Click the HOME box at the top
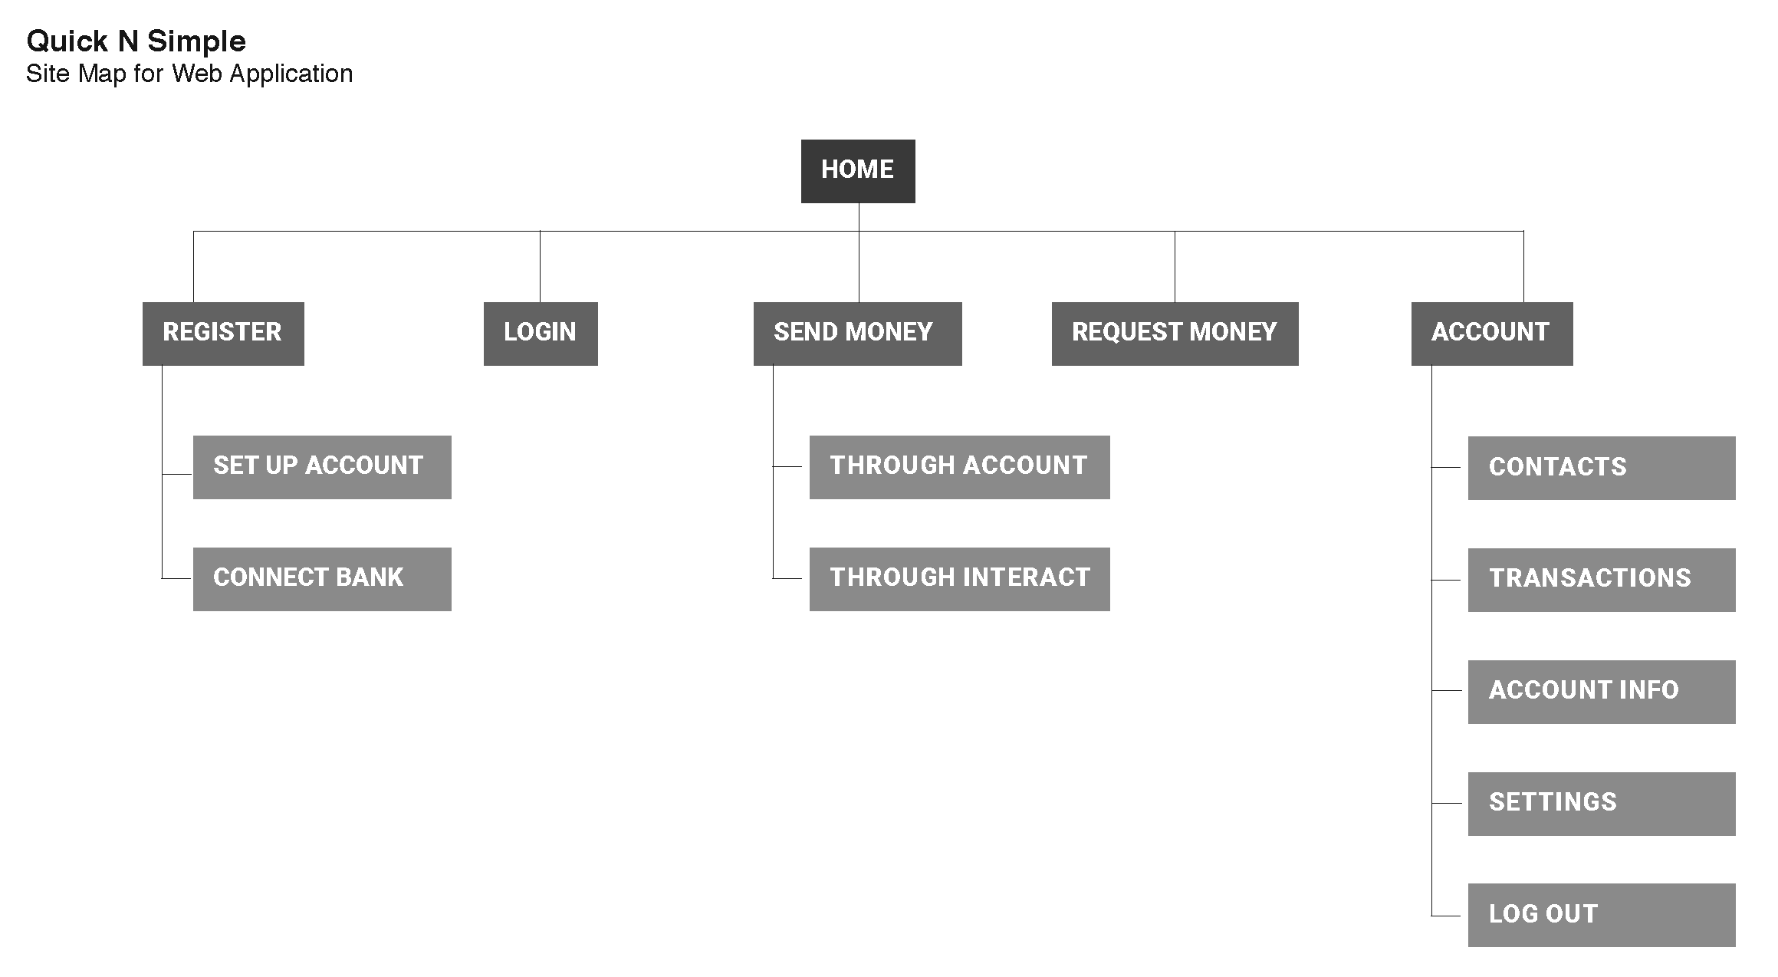(x=857, y=171)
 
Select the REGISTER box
(x=223, y=334)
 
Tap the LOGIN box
(x=541, y=334)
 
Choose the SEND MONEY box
(x=857, y=334)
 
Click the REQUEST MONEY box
(x=1175, y=334)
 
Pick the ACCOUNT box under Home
(x=1491, y=334)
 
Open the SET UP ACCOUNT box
(x=322, y=467)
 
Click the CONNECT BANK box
(x=322, y=579)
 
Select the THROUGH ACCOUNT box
(x=959, y=467)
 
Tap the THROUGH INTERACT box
(x=959, y=579)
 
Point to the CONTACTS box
(x=1601, y=468)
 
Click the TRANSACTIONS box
(x=1601, y=580)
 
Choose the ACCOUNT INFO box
(x=1601, y=692)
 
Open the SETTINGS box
(x=1601, y=804)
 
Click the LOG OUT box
(x=1601, y=915)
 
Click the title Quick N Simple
(x=136, y=41)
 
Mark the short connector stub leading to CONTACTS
(x=1446, y=467)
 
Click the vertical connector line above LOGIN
(x=540, y=266)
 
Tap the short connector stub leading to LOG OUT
(x=1446, y=916)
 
